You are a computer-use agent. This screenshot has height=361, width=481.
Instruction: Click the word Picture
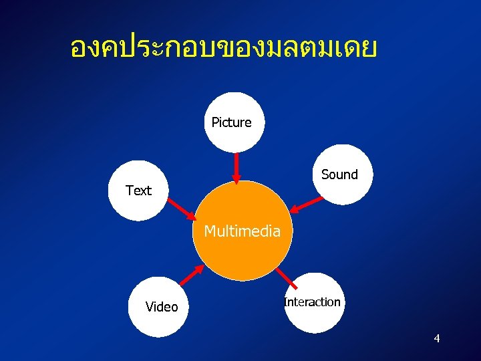[231, 122]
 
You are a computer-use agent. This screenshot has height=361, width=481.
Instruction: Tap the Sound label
[339, 174]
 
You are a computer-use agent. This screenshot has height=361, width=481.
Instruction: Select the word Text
[138, 191]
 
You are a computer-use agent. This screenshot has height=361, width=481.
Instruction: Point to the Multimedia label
[242, 231]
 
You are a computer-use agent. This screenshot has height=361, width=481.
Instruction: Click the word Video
[162, 307]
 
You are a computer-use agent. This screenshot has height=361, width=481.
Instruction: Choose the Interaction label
[312, 302]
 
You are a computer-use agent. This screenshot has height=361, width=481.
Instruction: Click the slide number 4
[436, 339]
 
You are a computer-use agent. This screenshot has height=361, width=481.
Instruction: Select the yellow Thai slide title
[224, 47]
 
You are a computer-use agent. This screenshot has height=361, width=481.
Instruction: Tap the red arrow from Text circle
[180, 209]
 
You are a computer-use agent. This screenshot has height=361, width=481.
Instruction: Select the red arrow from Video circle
[193, 276]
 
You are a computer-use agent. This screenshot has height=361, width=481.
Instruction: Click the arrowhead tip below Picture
[236, 180]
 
